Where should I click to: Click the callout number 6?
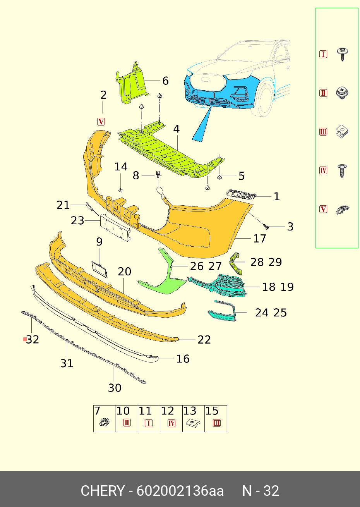(165, 81)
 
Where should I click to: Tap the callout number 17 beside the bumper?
(259, 239)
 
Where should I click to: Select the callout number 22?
(204, 340)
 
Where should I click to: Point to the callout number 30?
(115, 388)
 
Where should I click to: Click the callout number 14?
(121, 167)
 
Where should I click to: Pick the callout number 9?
(99, 242)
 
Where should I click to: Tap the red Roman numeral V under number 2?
(101, 122)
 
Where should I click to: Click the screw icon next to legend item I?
(342, 54)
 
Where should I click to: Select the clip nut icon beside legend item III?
(341, 132)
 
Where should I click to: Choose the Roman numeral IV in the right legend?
(323, 170)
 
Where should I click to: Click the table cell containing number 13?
(193, 418)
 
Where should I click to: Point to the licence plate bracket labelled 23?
(115, 227)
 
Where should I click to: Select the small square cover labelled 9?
(99, 268)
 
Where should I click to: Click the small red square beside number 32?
(25, 339)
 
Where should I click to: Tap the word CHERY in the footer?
(103, 491)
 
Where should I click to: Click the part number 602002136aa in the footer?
(180, 491)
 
